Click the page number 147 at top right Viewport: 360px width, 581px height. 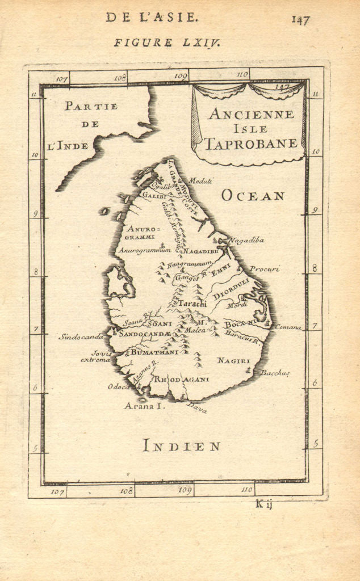tap(300, 20)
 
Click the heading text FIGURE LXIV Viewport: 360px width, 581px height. tap(166, 43)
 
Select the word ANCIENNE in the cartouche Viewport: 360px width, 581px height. tap(251, 114)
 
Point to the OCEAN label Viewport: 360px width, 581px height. tap(253, 196)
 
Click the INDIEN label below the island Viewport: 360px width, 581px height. tap(181, 446)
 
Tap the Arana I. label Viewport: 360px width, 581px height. tap(141, 406)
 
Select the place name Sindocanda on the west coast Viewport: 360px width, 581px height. tap(81, 336)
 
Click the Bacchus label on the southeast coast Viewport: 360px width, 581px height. tap(275, 373)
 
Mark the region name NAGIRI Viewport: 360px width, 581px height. tap(233, 360)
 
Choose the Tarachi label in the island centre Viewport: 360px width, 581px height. tap(192, 304)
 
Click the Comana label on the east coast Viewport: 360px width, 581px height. tap(288, 327)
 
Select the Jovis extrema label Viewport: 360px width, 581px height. tap(95, 356)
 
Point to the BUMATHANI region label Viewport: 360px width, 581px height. tap(154, 352)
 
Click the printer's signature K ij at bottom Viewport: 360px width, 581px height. tap(264, 504)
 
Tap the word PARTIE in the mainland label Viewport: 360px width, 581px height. tap(91, 106)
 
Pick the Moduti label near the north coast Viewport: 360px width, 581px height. tap(200, 180)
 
